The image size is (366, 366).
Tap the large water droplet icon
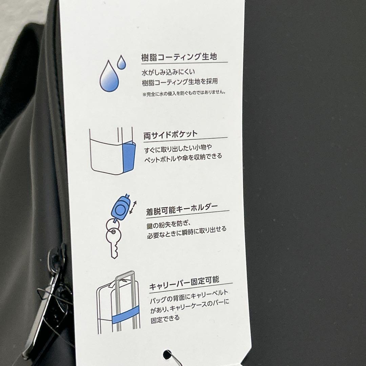click(109, 76)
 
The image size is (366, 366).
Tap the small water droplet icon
click(121, 62)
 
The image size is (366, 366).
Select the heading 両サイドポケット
click(170, 135)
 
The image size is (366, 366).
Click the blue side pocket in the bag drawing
click(129, 157)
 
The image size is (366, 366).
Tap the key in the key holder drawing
click(114, 243)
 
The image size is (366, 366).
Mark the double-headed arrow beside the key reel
click(133, 207)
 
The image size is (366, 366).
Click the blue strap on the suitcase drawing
click(126, 315)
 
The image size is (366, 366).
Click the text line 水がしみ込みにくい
click(168, 72)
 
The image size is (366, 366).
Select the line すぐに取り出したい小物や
click(178, 148)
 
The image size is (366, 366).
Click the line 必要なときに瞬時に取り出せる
click(187, 232)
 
